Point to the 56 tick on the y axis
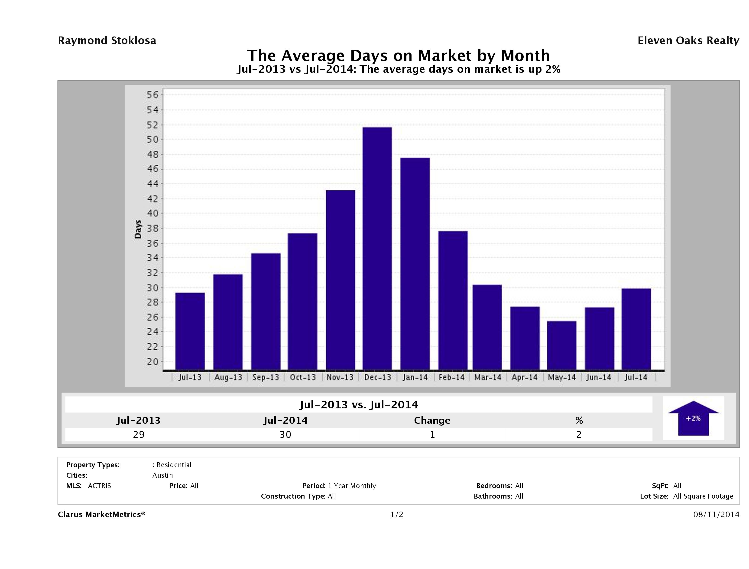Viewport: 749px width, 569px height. coord(152,95)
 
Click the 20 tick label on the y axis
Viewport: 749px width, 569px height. coord(152,362)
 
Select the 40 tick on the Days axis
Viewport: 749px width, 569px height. coord(152,214)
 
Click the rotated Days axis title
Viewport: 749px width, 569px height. coord(138,229)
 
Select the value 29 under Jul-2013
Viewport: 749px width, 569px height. coord(139,434)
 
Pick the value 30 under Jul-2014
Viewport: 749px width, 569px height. coord(285,434)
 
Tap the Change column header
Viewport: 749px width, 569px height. coord(432,420)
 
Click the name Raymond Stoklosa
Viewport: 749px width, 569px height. coord(107,41)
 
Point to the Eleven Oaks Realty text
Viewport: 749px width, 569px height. coord(688,41)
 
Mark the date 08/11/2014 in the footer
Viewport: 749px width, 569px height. coord(716,514)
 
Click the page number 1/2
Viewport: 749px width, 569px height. coord(396,514)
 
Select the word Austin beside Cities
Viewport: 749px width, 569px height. coord(162,475)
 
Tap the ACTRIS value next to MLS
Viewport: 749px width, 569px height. coord(99,486)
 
